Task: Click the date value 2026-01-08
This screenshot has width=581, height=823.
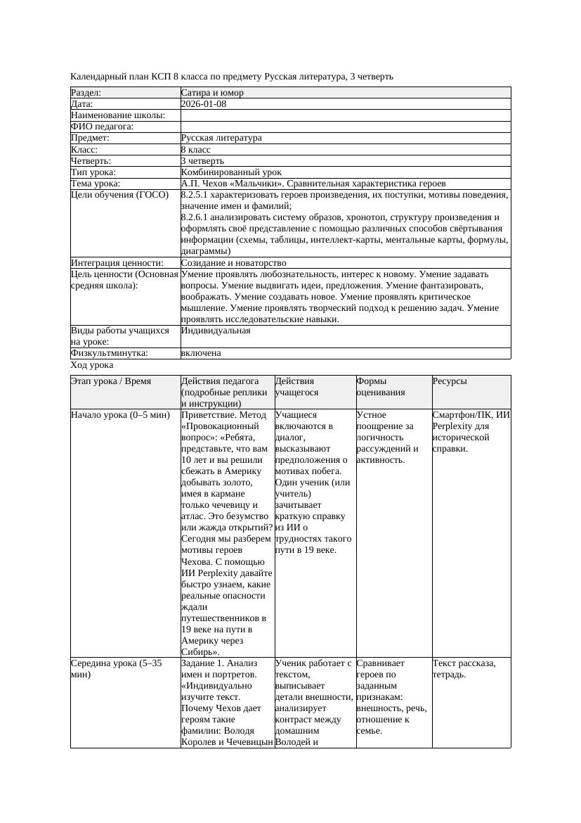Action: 204,103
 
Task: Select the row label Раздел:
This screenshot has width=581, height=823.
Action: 86,92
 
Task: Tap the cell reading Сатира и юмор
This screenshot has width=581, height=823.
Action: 212,92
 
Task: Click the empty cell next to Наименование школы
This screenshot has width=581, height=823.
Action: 344,115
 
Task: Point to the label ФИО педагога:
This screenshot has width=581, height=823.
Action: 103,127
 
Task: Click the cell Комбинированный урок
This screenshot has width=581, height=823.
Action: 231,172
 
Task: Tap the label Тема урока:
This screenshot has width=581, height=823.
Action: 96,184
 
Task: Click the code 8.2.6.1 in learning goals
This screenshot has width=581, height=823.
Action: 196,217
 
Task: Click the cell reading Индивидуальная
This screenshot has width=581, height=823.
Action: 216,330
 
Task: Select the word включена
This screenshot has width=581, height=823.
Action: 201,353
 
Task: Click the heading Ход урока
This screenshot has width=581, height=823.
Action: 92,365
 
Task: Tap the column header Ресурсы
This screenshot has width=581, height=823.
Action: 450,381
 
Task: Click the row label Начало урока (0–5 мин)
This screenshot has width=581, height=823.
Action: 120,415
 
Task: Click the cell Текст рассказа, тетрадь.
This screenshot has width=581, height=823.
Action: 464,668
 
